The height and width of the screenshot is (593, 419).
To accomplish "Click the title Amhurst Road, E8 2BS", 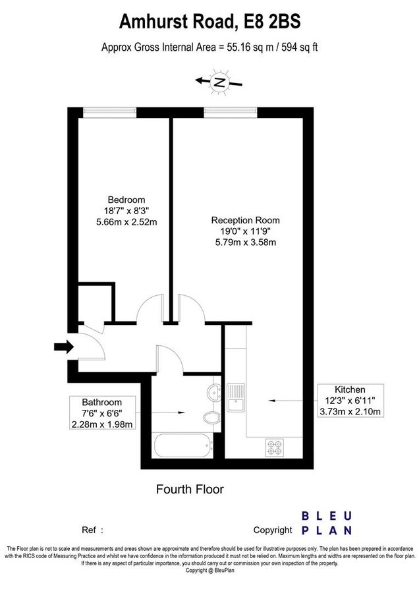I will click(x=209, y=22).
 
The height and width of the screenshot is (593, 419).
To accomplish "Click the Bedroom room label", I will click(x=126, y=200).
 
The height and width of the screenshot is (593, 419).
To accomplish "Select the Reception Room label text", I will click(x=245, y=220).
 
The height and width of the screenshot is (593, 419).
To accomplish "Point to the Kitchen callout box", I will click(x=349, y=401).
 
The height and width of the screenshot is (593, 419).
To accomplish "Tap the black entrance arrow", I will click(x=65, y=347).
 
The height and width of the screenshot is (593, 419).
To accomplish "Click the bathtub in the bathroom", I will click(x=182, y=445).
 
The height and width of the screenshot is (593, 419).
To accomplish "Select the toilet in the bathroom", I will click(x=211, y=418).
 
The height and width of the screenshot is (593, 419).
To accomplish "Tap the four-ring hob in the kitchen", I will click(x=274, y=447).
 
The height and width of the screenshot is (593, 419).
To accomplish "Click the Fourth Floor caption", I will click(x=190, y=489).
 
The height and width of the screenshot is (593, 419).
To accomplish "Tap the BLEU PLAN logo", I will click(x=327, y=522).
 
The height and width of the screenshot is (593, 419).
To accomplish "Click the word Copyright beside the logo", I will click(x=272, y=530).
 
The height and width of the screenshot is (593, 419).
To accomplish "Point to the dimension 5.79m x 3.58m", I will click(x=245, y=242).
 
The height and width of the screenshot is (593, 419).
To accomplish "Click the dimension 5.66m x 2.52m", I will click(x=126, y=222).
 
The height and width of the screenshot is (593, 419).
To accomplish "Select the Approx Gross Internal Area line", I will click(x=209, y=47).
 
